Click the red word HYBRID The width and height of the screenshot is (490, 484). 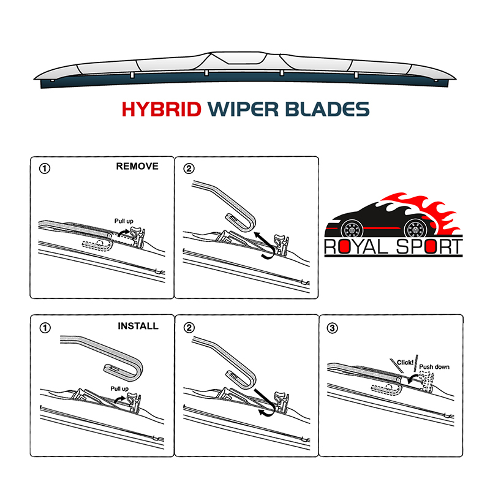(x=161, y=109)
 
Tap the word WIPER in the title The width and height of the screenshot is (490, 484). (x=243, y=109)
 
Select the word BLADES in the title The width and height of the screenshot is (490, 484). (x=327, y=109)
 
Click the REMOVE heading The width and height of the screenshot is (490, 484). (x=137, y=166)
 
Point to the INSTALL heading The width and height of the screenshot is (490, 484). (x=138, y=326)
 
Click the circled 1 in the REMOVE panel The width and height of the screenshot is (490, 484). (x=44, y=169)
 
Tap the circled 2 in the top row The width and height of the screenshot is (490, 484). (x=189, y=169)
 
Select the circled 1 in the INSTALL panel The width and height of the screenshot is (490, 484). (x=45, y=328)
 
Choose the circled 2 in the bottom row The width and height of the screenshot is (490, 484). (x=189, y=328)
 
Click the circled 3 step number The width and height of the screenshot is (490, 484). (x=332, y=328)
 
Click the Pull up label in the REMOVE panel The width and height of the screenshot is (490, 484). (x=124, y=221)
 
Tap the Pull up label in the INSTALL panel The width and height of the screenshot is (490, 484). (x=119, y=388)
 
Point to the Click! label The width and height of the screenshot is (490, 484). (x=405, y=362)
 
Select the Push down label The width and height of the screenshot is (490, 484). (x=434, y=367)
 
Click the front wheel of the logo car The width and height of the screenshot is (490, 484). (x=352, y=229)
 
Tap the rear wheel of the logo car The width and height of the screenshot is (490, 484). (x=415, y=229)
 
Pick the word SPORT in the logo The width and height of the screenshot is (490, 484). (x=429, y=247)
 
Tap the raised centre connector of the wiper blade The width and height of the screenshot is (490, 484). (x=239, y=58)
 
